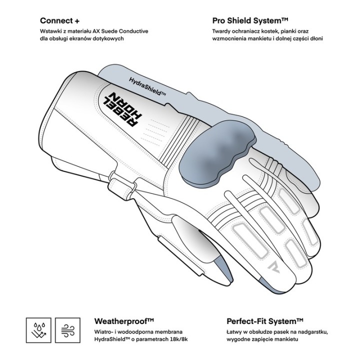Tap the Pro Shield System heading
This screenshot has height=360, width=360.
(x=250, y=21)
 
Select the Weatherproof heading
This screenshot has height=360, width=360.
(x=124, y=321)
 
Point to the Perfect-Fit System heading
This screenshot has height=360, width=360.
(x=265, y=321)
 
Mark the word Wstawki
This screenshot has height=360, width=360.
(x=50, y=31)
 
